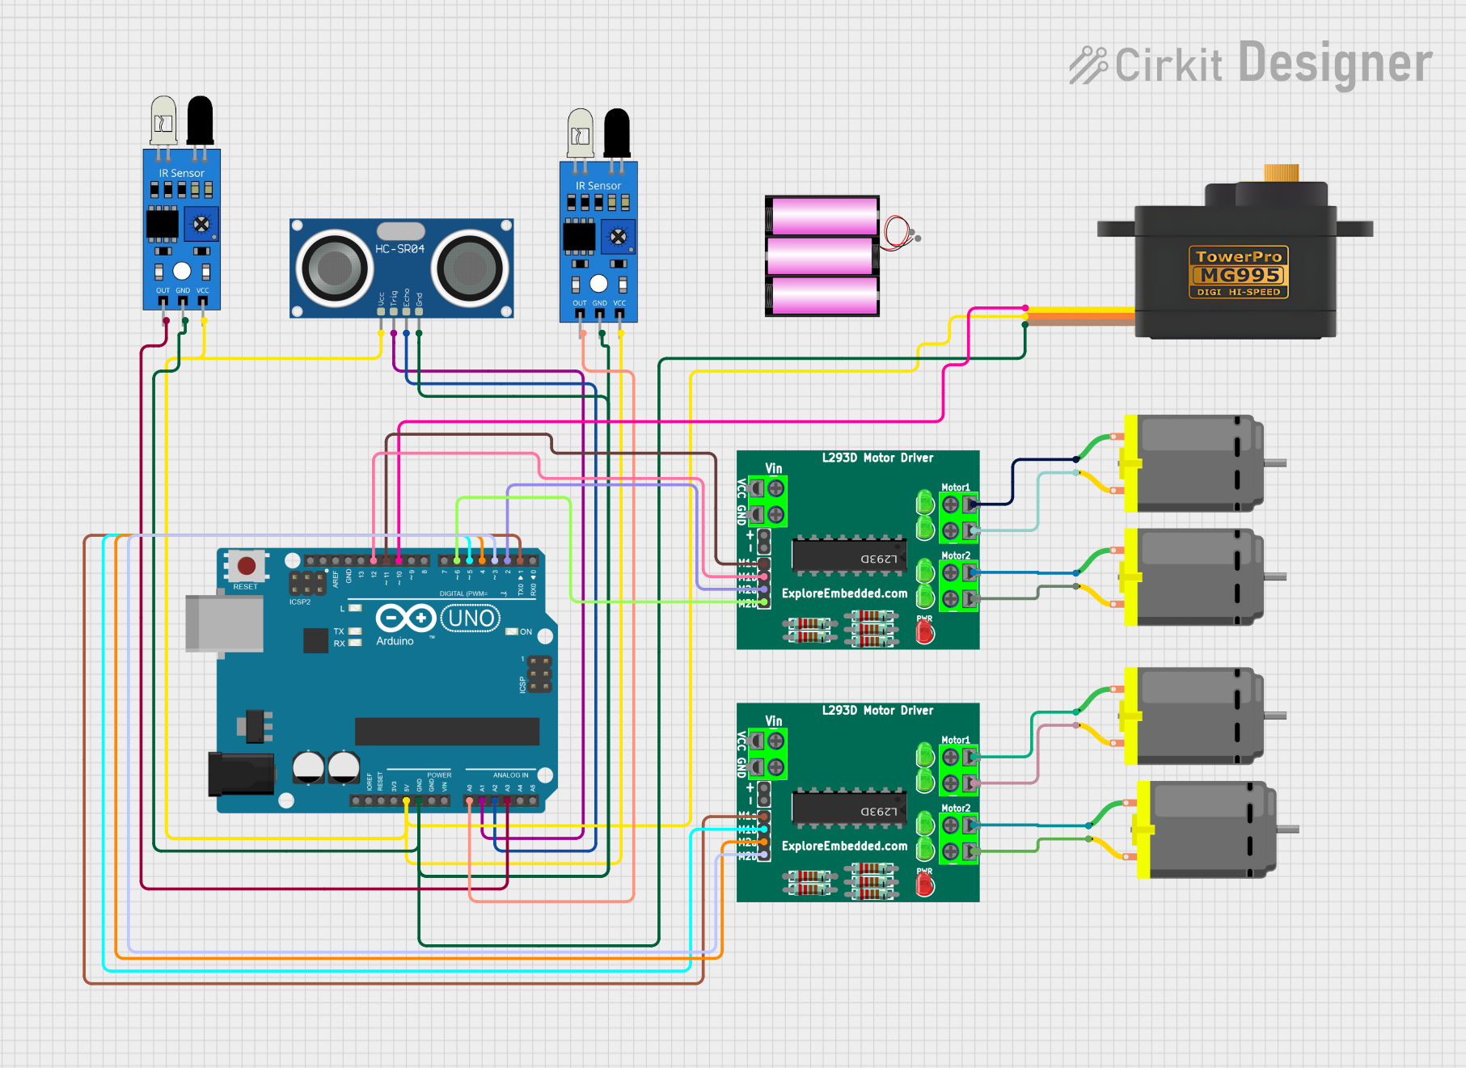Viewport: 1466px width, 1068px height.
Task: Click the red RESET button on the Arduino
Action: [x=247, y=566]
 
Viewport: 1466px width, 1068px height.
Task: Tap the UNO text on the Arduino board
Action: [x=471, y=618]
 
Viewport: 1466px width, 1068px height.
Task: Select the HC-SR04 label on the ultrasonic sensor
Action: [x=399, y=249]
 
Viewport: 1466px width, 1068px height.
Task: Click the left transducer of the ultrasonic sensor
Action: [x=334, y=268]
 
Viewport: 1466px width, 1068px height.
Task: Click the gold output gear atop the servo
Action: [x=1281, y=173]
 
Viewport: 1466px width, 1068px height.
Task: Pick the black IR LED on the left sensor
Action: [x=200, y=120]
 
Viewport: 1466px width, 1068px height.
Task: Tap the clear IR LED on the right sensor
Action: [x=580, y=132]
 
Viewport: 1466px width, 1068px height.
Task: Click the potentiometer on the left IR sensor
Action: [x=201, y=224]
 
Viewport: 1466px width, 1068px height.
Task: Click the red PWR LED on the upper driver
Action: [x=925, y=632]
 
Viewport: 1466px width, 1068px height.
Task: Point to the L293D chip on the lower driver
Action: [x=849, y=808]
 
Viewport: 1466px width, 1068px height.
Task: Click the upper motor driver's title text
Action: [x=877, y=458]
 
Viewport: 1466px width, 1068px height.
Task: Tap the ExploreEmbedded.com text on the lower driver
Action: [x=844, y=846]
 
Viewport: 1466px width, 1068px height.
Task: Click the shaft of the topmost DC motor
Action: [x=1275, y=463]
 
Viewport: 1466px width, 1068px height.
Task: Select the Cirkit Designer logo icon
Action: [x=1088, y=65]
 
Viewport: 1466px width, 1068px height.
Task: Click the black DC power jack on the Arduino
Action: [x=240, y=774]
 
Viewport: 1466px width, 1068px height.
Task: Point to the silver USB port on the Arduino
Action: [x=224, y=623]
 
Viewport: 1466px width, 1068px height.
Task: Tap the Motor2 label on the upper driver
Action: [x=956, y=555]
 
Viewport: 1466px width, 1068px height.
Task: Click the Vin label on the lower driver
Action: [x=774, y=721]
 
